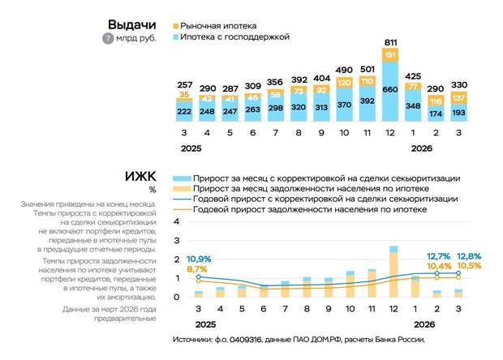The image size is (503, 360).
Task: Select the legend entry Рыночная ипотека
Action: pos(212,25)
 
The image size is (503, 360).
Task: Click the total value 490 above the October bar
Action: pos(345,71)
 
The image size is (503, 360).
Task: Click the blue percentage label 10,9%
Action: pos(200,259)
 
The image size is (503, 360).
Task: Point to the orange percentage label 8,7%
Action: pos(197,269)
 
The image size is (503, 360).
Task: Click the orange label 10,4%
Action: pos(438,266)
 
